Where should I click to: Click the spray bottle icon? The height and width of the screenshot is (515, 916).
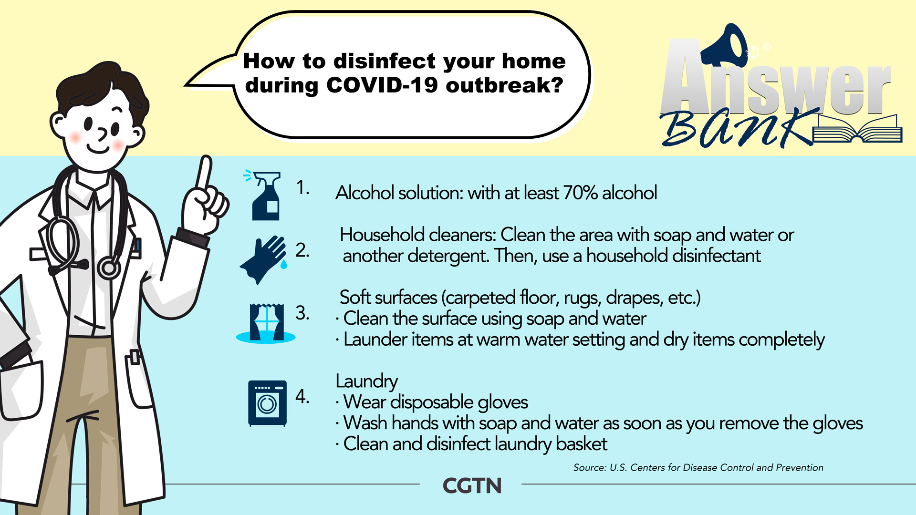point(263,196)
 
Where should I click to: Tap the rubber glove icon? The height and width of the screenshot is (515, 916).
point(264,259)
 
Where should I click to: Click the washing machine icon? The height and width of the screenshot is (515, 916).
point(267,403)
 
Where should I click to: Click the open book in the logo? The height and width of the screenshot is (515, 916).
point(857,129)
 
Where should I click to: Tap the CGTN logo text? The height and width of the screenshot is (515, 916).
point(472,486)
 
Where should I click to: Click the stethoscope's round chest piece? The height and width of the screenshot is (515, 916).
point(109,268)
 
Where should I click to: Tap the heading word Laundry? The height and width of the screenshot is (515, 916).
point(366,381)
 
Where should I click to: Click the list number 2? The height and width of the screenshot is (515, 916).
point(302,250)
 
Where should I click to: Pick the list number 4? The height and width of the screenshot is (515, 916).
point(302,396)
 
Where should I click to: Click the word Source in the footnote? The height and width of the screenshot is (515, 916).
point(589,467)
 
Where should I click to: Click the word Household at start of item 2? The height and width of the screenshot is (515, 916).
point(382,235)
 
